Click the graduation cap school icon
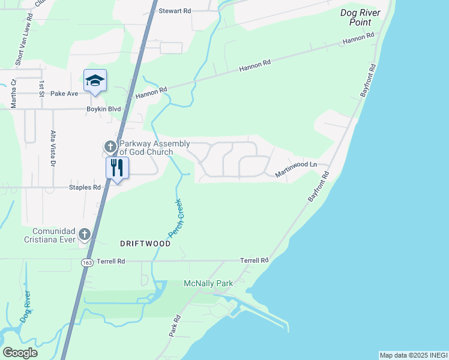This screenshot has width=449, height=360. tap(95, 81)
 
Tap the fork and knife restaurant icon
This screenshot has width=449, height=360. tap(116, 167)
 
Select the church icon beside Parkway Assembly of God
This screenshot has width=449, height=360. tap(110, 146)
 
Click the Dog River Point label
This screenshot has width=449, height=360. tap(360, 17)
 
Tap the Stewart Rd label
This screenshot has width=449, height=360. tap(175, 11)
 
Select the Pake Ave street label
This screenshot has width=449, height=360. tap(64, 94)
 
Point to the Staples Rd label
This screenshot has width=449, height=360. tap(85, 187)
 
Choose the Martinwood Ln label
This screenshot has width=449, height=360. tap(295, 168)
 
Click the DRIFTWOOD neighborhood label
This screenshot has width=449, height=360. tap(145, 244)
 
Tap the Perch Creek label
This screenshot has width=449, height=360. tap(176, 220)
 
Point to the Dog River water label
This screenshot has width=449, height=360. tap(26, 308)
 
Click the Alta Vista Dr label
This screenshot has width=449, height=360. tap(53, 148)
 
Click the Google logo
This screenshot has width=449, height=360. tap(20, 352)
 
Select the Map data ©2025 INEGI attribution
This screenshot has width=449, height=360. tap(413, 355)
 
